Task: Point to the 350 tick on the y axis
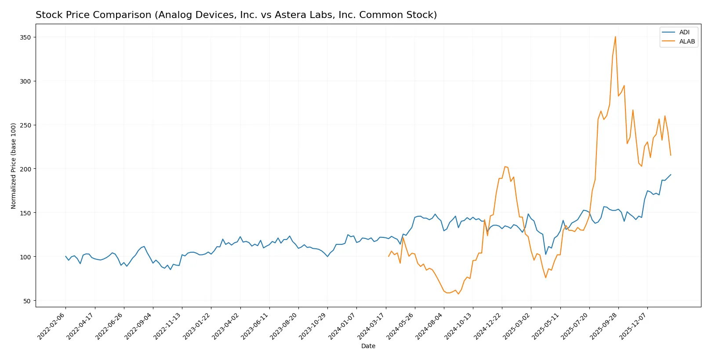point(25,37)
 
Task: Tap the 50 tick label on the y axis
point(27,301)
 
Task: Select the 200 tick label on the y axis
point(25,169)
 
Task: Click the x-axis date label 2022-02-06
point(52,326)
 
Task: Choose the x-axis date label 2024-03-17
point(372,326)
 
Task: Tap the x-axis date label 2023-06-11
point(255,326)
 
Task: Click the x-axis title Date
point(368,346)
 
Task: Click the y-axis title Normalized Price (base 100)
point(13,166)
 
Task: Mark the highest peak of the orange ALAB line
point(615,36)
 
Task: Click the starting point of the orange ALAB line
point(389,256)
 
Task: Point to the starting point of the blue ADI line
point(65,256)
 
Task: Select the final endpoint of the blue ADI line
point(671,175)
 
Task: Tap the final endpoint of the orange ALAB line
point(671,155)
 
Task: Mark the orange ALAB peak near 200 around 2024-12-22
point(505,167)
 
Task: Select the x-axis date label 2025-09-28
point(604,326)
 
